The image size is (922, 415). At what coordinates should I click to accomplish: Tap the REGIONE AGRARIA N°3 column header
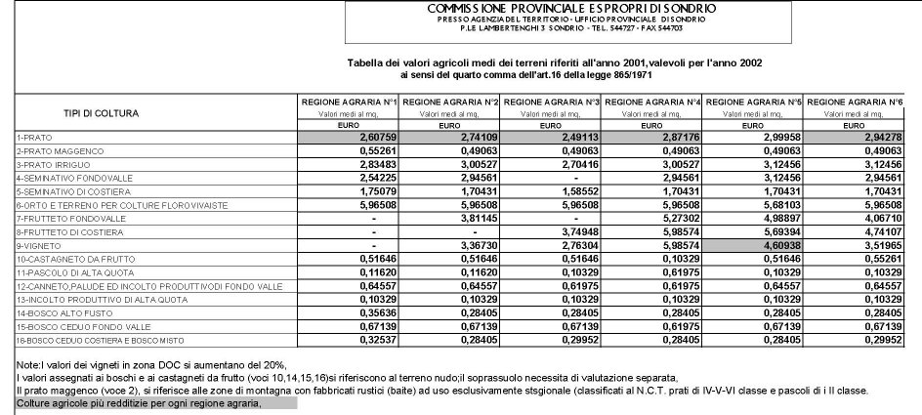[x=552, y=101]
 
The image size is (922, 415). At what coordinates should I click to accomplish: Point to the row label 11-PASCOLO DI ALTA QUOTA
[x=62, y=272]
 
